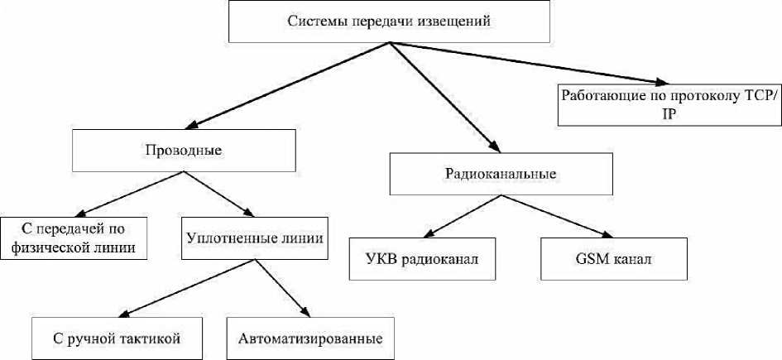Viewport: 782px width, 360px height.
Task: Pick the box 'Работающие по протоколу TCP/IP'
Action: [669, 103]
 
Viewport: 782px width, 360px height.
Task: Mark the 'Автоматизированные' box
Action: [309, 338]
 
